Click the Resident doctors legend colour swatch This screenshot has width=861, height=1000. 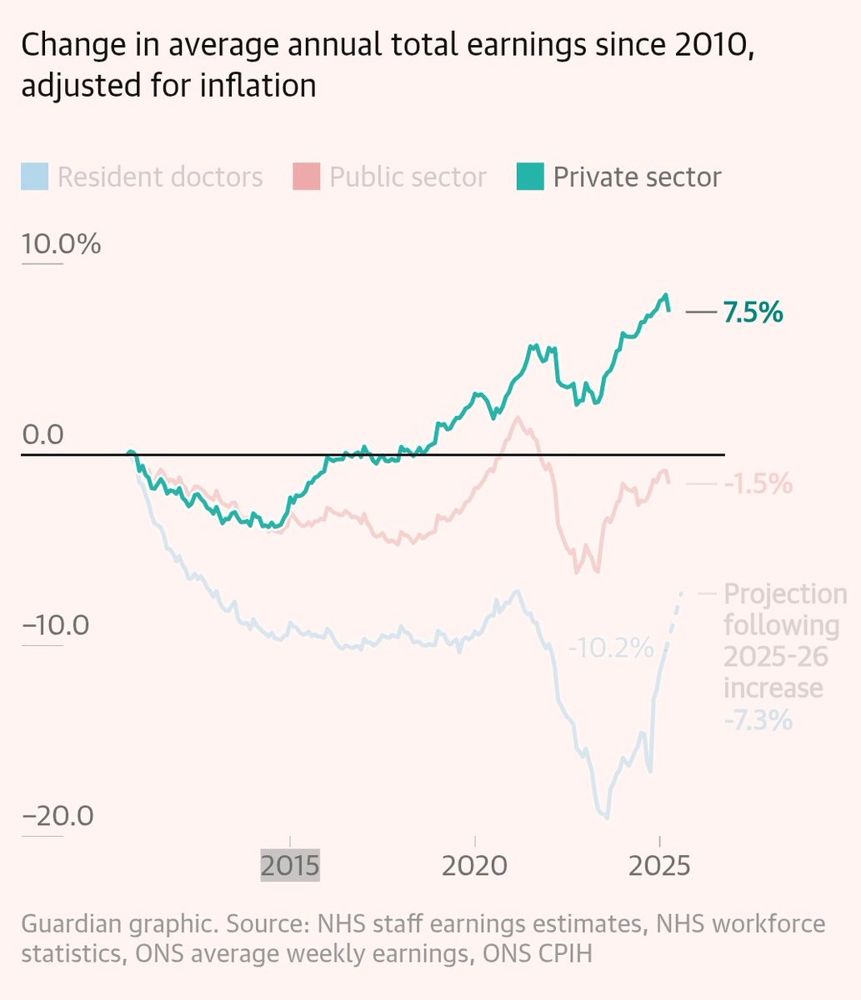pyautogui.click(x=34, y=177)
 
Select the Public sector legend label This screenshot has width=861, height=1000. pyautogui.click(x=408, y=177)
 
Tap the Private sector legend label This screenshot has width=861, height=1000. pyautogui.click(x=637, y=177)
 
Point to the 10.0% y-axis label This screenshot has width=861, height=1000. pyautogui.click(x=61, y=244)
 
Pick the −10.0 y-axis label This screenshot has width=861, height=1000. pyautogui.click(x=55, y=624)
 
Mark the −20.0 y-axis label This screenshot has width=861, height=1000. pyautogui.click(x=58, y=815)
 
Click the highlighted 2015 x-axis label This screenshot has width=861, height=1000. pyautogui.click(x=289, y=865)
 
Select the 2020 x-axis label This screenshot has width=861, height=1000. pyautogui.click(x=474, y=865)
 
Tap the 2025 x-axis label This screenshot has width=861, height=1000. pyautogui.click(x=658, y=865)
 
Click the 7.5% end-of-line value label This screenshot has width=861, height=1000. pyautogui.click(x=753, y=312)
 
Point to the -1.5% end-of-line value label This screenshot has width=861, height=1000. pyautogui.click(x=758, y=484)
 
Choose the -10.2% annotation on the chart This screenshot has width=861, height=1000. pyautogui.click(x=610, y=647)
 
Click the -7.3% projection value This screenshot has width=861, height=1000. pyautogui.click(x=758, y=720)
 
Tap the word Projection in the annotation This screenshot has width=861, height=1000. pyautogui.click(x=785, y=594)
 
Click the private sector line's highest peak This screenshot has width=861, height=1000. pyautogui.click(x=665, y=295)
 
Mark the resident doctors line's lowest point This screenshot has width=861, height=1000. pyautogui.click(x=607, y=817)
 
